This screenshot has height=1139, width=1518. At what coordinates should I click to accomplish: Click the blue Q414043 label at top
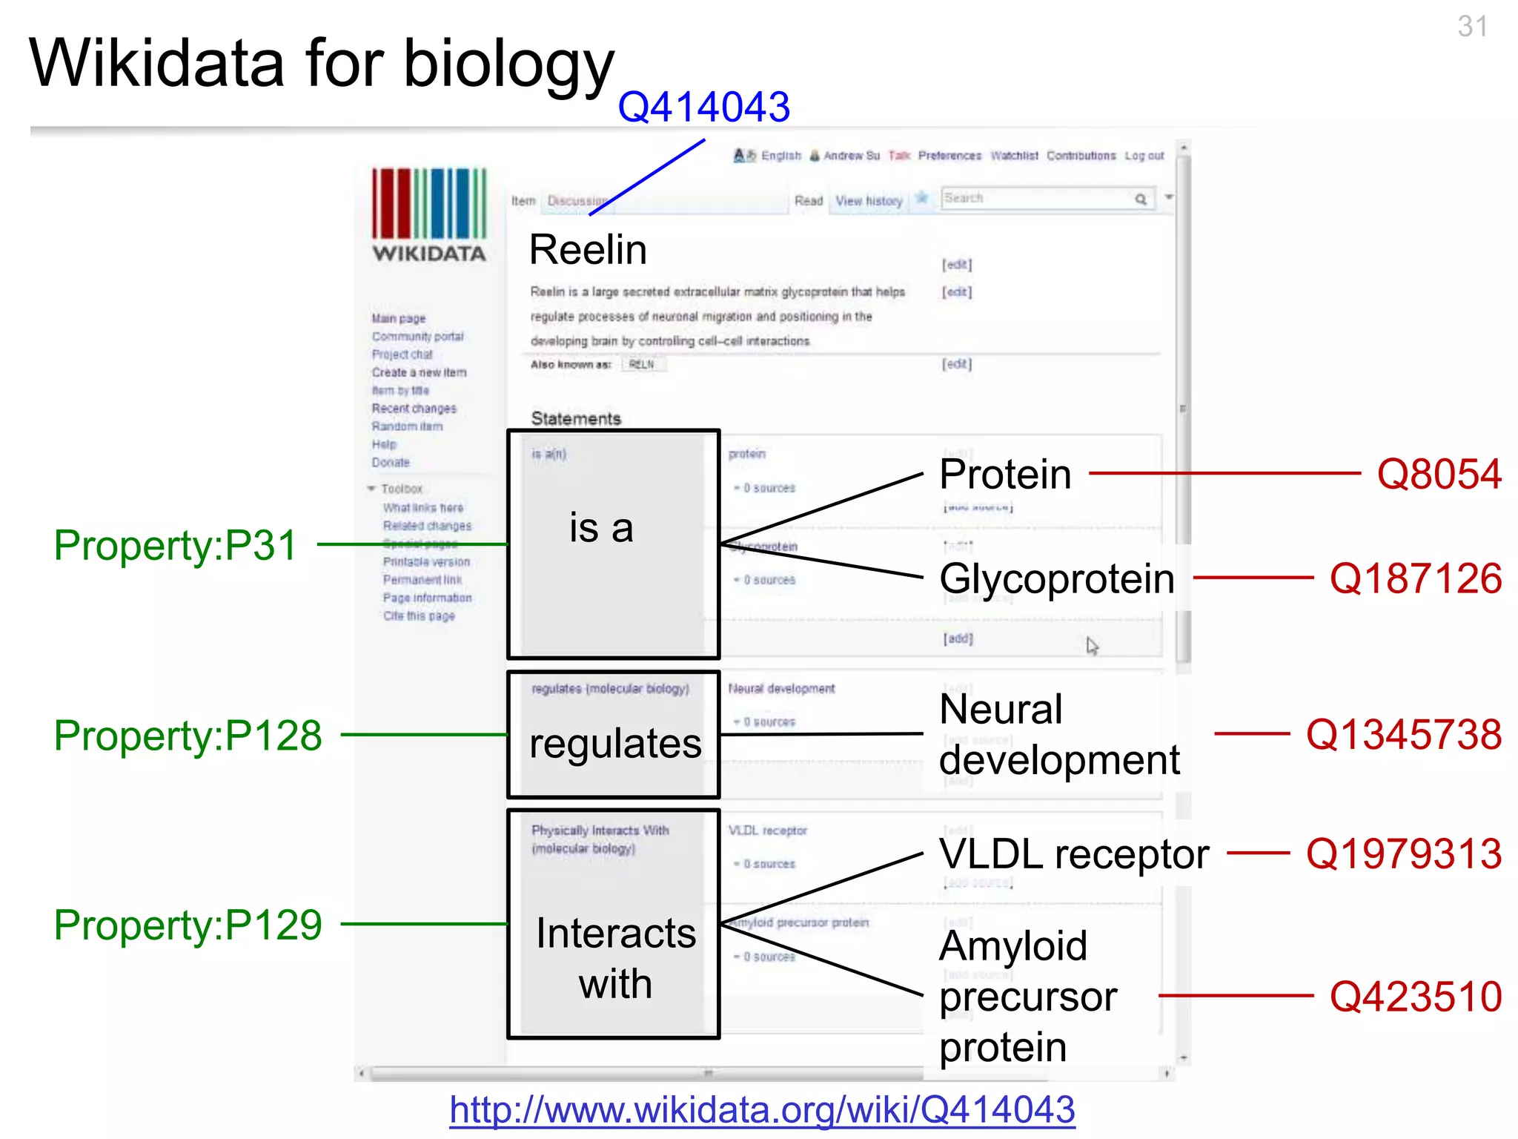pos(703,107)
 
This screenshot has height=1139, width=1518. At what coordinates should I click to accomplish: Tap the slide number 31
pos(1472,27)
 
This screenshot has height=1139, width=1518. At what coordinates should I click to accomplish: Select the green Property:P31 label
pos(176,545)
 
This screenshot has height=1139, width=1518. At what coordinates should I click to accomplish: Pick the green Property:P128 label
pos(188,735)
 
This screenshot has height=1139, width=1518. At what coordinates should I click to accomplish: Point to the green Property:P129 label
pos(188,925)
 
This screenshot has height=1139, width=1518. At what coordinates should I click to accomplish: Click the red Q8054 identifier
pos(1439,474)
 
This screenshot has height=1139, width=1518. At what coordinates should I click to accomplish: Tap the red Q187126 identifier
pos(1415,578)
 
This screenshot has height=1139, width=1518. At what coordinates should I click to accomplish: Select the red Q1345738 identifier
pos(1403,734)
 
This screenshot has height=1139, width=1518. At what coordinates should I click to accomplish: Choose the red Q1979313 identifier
pos(1403,854)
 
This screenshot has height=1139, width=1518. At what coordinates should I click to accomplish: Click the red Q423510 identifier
pos(1415,996)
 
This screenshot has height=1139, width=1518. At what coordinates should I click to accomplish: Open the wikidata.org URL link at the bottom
pos(762,1110)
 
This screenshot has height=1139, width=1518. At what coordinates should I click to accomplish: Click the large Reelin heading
pos(588,249)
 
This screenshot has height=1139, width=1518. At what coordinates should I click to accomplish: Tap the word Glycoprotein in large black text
pos(1057,578)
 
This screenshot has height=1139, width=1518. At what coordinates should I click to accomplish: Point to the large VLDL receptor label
pos(1074,854)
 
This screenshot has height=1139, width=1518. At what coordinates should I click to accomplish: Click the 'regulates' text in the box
pos(615,743)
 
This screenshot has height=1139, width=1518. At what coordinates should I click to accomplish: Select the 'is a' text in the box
pos(601,528)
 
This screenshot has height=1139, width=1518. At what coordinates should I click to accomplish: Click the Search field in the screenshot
pos(1038,199)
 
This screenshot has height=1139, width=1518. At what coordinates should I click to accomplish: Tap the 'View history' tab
pos(869,201)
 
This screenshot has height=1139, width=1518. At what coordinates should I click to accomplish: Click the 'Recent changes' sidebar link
pos(414,409)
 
